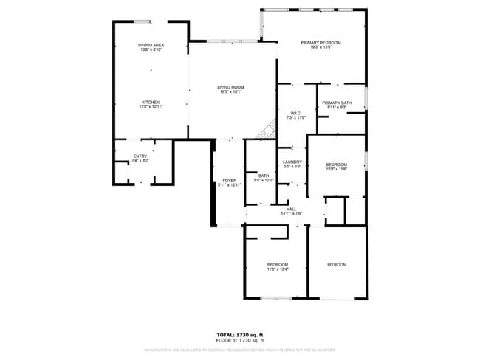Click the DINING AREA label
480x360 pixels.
151,46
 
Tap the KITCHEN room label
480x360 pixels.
151,102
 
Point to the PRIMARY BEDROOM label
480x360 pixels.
321,42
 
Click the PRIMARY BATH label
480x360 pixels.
336,103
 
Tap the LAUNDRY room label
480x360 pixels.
292,162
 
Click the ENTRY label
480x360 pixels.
140,156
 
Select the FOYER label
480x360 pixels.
229,181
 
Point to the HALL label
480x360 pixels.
291,209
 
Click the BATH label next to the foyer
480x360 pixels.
264,176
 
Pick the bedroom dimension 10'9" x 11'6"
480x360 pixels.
336,169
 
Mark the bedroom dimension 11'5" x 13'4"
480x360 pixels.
277,269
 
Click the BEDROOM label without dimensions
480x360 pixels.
336,264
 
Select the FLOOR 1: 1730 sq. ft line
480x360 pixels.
239,341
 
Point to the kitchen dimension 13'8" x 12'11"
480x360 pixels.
151,107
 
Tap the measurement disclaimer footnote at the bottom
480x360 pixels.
239,350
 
